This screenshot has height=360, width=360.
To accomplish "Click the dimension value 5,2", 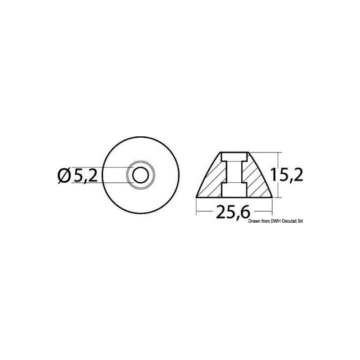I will coord(85,175).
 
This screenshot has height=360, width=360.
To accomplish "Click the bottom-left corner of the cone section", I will coord(197,197).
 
